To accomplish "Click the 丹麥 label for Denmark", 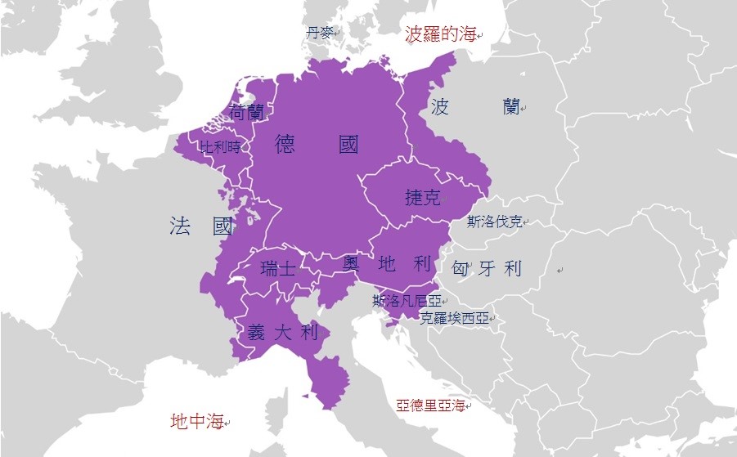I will pos(320,33).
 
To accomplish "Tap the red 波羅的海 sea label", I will pos(440,34).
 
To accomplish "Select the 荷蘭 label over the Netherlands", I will pos(247,112).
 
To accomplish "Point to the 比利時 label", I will pos(221,147).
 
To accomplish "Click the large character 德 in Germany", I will pos(285,145).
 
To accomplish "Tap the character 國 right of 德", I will pos(348,145).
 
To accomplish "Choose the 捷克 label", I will pos(423,197).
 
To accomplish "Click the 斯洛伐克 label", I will pos(494,222).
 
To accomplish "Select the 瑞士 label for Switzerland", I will pos(278,268).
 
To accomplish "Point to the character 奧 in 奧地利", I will pos(351,263).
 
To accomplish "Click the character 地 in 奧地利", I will pos(387,263).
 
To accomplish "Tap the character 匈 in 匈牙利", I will pos(461,268).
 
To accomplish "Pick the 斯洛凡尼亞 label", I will pos(407,300).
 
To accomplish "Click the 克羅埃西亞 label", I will pos(454,318).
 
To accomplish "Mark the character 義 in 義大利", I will pos(257,332).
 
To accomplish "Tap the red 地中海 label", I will pos(197,422).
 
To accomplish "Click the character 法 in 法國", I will pos(180,226).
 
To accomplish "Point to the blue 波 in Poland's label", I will pos(440,107).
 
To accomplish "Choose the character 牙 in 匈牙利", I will pos(487,268).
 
